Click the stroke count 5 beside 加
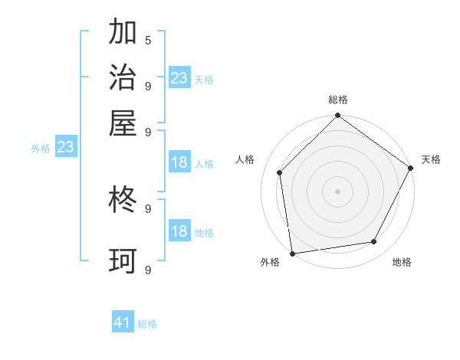coord(148,40)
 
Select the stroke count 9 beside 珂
coord(148,270)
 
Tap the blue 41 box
coord(123,322)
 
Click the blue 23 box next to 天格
coord(179,77)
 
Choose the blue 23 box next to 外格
coord(65,147)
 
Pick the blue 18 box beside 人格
coord(179,162)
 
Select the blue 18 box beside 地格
coord(179,231)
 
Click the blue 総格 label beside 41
coord(147,324)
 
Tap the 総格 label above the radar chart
coord(337,100)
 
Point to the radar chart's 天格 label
coord(431,159)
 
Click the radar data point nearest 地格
coord(374,242)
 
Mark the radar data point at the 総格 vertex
coord(337,116)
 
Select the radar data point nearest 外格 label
coord(292,254)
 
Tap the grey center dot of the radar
coord(337,191)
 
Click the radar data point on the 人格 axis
coord(280,172)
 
